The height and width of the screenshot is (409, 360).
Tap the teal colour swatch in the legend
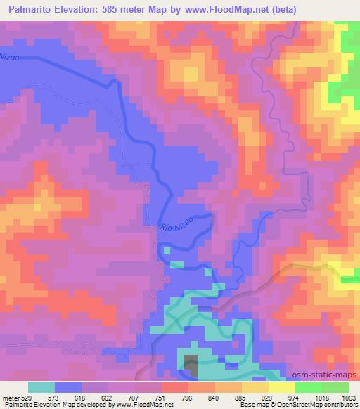[41, 387]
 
